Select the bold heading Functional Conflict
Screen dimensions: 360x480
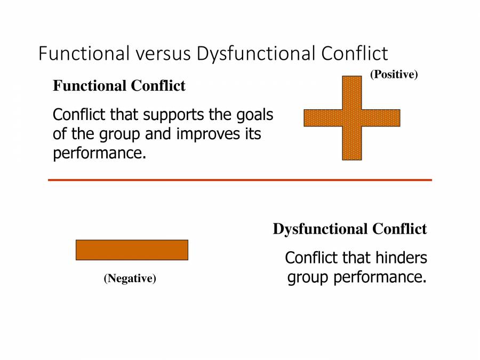(119, 86)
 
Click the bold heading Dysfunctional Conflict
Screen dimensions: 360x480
(350, 229)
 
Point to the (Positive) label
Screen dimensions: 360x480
(394, 75)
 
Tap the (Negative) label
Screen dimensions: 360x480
(130, 278)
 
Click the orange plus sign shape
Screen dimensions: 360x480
(352, 118)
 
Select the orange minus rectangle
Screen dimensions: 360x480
(132, 250)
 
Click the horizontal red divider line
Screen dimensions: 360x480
(240, 180)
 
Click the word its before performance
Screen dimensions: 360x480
(253, 134)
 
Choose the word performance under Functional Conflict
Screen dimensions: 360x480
(99, 153)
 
